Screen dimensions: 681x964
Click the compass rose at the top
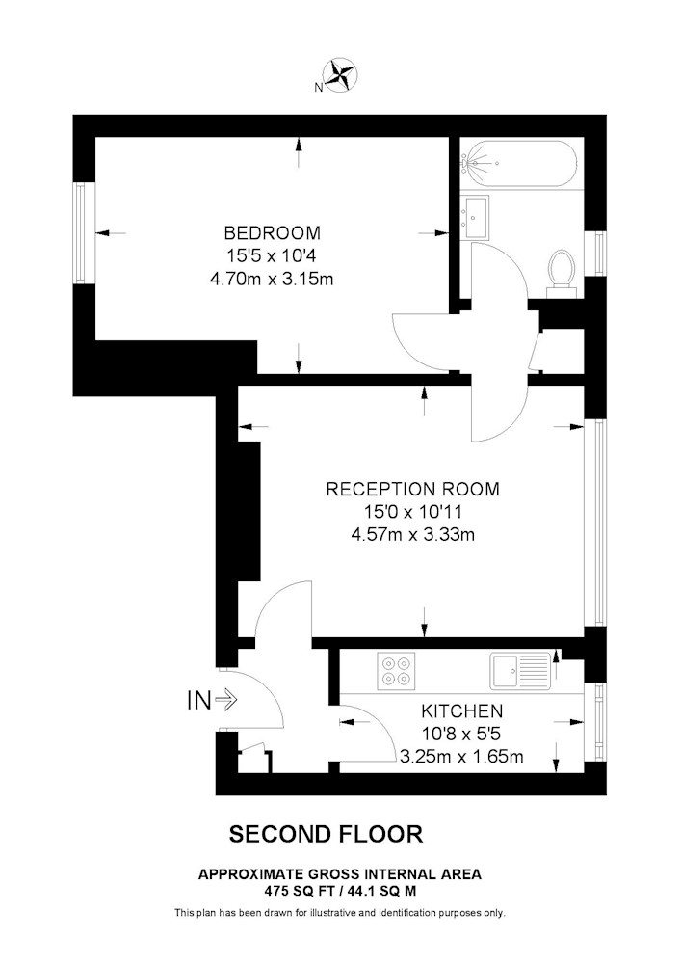pos(341,73)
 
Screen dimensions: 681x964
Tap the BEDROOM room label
pos(272,233)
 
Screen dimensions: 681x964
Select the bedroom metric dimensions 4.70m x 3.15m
pos(272,280)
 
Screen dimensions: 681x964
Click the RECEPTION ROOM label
pos(412,490)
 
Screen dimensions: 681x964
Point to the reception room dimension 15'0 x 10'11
pos(412,512)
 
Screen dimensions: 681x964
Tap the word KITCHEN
pos(461,711)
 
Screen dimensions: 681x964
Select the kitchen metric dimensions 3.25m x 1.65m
pos(461,756)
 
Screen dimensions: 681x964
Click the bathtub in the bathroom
pos(518,164)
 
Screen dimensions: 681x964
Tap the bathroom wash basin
pos(475,217)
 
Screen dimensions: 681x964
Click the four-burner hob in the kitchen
pos(396,671)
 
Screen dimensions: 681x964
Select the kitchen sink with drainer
pos(520,671)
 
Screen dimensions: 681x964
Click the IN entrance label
pos(199,700)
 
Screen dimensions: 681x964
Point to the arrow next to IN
pos(226,700)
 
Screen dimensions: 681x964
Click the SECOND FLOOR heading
pos(327,834)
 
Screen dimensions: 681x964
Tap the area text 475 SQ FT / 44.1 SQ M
pos(340,891)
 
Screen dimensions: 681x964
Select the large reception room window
pos(594,522)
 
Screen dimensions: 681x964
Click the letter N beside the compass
pos(318,88)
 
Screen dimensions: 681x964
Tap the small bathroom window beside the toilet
pos(594,254)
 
